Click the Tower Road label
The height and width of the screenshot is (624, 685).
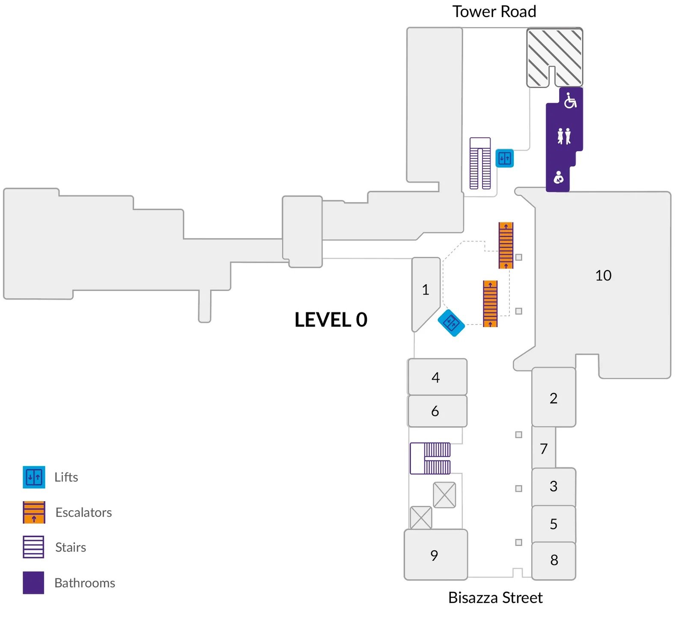pyautogui.click(x=494, y=12)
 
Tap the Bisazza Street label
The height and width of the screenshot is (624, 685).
pyautogui.click(x=495, y=597)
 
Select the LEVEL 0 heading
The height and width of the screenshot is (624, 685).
pyautogui.click(x=331, y=320)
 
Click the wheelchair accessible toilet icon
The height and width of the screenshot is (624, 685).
pyautogui.click(x=570, y=101)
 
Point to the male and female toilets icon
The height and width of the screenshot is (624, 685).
pyautogui.click(x=564, y=136)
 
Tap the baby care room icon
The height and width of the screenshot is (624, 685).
pyautogui.click(x=558, y=177)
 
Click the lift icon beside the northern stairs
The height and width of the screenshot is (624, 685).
pyautogui.click(x=504, y=158)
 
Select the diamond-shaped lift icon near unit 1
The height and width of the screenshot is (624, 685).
pyautogui.click(x=451, y=323)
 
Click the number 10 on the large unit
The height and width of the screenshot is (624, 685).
pyautogui.click(x=603, y=275)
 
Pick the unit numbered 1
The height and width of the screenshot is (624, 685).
pyautogui.click(x=425, y=290)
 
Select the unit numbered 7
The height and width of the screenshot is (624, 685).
pyautogui.click(x=544, y=449)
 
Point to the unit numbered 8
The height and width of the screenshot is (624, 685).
pyautogui.click(x=554, y=560)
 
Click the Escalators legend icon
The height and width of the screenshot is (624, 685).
pyautogui.click(x=34, y=512)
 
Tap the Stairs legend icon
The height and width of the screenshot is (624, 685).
pyautogui.click(x=33, y=547)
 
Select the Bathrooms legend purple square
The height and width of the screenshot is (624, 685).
pyautogui.click(x=33, y=582)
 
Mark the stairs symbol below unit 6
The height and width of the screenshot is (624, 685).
pyautogui.click(x=430, y=458)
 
